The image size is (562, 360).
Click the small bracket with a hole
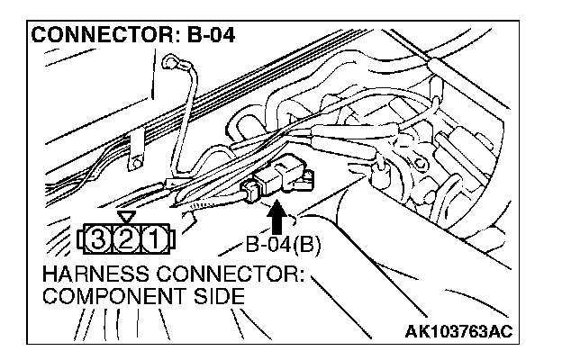point(136,148)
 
